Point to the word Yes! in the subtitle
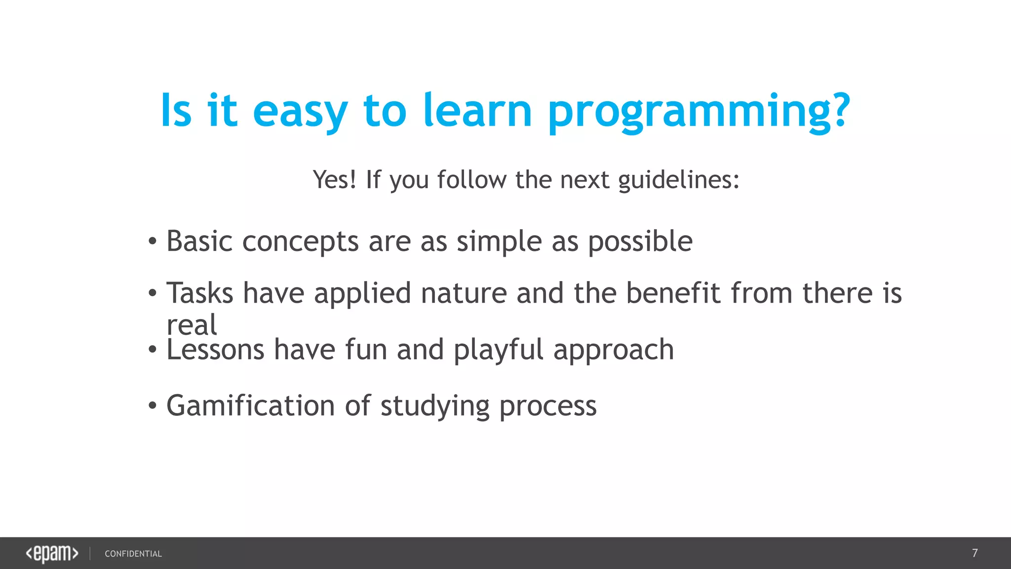334,179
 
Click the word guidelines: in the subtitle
679,180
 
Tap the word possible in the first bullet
640,242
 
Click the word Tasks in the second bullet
200,293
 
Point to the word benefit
673,293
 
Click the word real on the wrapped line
192,325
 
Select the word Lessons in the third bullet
216,350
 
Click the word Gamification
251,406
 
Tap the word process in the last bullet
548,406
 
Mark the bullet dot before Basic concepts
153,242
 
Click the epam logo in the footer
52,553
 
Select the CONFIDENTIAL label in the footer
133,554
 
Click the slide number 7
974,553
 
